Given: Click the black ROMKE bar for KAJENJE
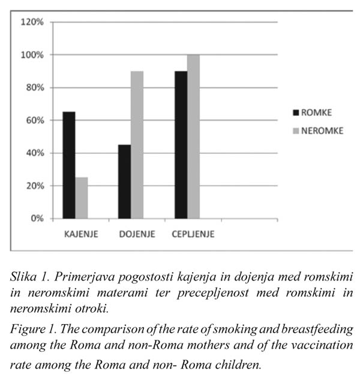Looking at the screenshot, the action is [69, 165].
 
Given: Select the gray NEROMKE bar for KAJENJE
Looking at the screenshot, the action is [82, 198].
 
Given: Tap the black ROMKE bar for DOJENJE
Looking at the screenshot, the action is [124, 182].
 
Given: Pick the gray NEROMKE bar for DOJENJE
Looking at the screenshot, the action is [137, 145].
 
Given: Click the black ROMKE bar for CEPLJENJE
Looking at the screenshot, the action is [181, 145].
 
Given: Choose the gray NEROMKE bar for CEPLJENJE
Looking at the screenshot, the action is [193, 137].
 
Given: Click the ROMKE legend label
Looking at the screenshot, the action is [316, 113].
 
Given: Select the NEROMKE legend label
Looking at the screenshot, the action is [322, 131].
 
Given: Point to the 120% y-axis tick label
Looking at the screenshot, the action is [32, 22].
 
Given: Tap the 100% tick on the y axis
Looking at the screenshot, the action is [32, 55].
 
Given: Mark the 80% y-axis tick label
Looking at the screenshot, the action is [35, 88].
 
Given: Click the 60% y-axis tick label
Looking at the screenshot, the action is [35, 120].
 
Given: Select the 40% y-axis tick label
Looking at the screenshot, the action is [35, 153].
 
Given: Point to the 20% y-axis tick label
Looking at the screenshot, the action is [35, 186].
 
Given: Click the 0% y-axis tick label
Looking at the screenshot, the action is [37, 218].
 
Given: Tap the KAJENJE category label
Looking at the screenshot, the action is [81, 234].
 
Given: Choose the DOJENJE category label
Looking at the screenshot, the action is [137, 234].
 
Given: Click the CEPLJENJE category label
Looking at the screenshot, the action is [193, 234].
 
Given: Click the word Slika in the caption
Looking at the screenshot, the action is [23, 276].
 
